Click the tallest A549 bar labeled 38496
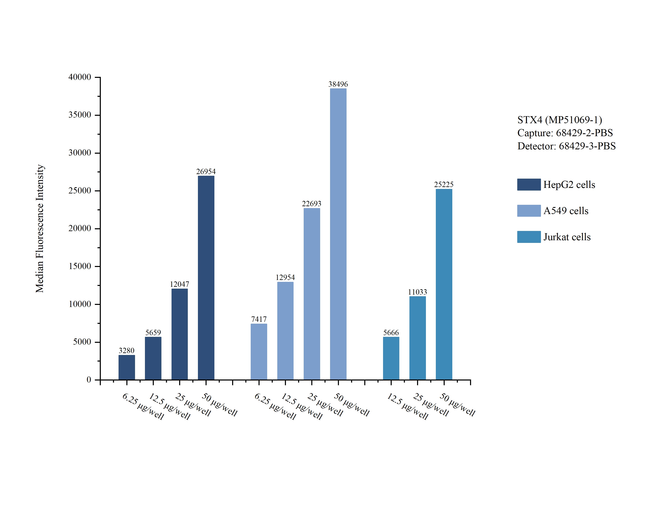point(338,234)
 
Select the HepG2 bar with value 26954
point(206,278)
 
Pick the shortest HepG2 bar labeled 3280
point(127,367)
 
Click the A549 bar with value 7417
point(259,352)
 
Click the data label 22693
point(311,204)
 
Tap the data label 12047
point(179,284)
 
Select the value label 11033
point(417,292)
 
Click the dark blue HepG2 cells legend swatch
point(529,184)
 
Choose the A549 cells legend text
point(565,211)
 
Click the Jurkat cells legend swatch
point(529,237)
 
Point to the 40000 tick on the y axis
point(80,77)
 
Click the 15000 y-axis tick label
point(80,266)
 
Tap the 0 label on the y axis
point(89,380)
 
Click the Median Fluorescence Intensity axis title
point(40,228)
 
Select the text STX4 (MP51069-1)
point(560,120)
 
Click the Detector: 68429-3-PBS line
point(566,146)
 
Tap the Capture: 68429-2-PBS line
point(565,133)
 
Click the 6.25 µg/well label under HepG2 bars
point(143,406)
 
